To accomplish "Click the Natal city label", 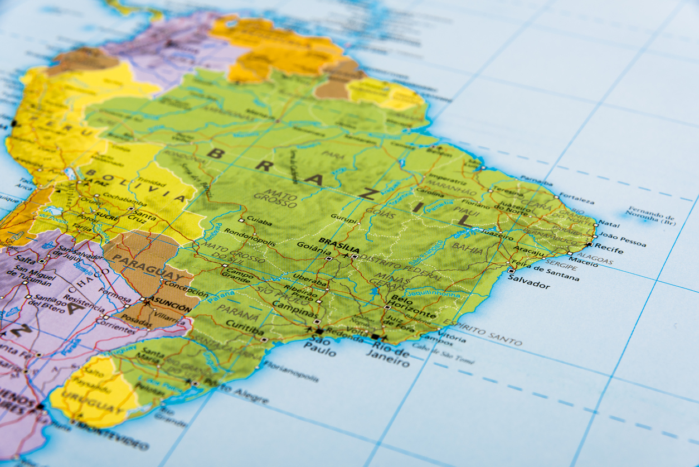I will pos(609,224).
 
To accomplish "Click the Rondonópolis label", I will pos(250,237).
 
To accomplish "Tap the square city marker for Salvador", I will pos(511,271).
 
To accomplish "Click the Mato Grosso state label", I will pos(275,199).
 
